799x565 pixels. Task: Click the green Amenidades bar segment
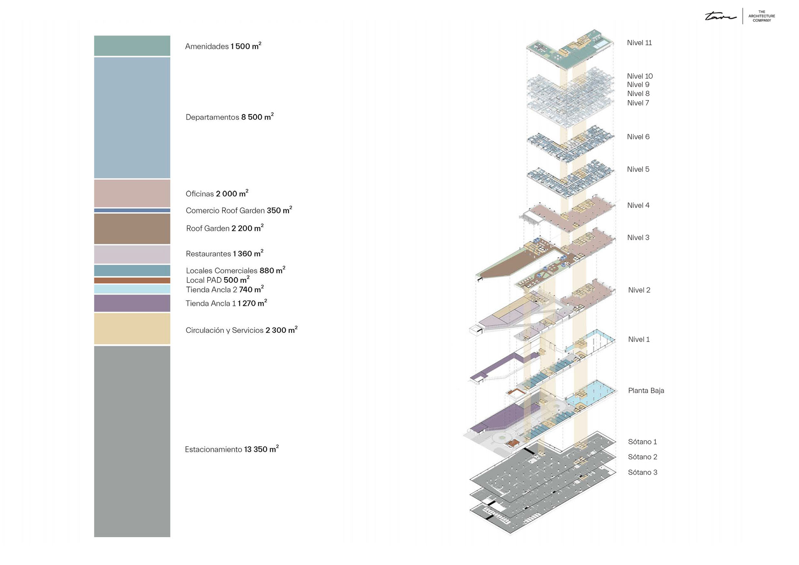[132, 46]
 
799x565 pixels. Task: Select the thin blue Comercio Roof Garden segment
[132, 211]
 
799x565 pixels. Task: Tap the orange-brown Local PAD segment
[132, 280]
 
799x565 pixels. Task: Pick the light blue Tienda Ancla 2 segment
[132, 289]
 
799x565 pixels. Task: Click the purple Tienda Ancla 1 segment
[132, 303]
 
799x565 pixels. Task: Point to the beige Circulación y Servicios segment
[132, 329]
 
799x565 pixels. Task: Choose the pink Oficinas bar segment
[132, 193]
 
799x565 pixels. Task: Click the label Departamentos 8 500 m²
[229, 117]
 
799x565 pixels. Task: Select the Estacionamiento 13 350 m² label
[231, 449]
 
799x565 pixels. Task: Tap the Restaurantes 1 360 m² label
[224, 253]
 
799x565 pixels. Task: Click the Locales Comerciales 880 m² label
[235, 270]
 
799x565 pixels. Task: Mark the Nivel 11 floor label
[639, 43]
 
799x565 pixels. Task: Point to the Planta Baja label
[646, 391]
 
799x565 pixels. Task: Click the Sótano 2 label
[643, 457]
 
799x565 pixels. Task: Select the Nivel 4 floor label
[638, 206]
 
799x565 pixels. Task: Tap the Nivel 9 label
[638, 85]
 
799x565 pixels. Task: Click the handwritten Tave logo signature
[720, 17]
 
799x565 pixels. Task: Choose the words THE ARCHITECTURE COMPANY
[762, 16]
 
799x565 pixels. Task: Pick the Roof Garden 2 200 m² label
[225, 228]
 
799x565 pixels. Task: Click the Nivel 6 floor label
[638, 137]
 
